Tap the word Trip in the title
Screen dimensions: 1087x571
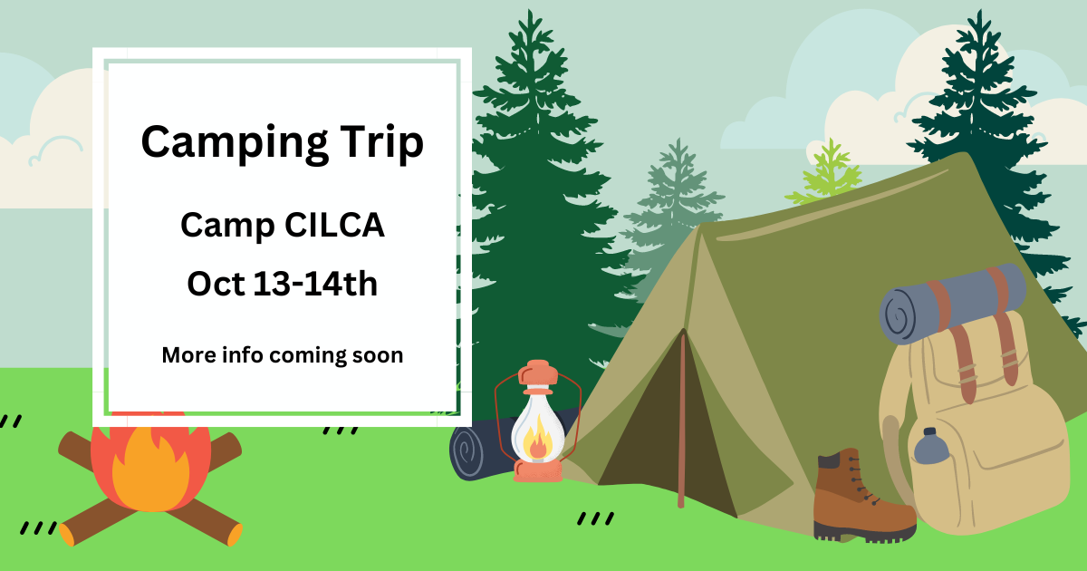tap(381, 143)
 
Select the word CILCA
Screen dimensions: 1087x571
tap(334, 225)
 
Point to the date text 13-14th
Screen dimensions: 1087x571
tap(315, 283)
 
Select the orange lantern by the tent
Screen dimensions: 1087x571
tap(538, 421)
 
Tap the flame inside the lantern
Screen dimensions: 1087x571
tap(538, 440)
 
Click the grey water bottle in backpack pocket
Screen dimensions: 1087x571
tap(931, 446)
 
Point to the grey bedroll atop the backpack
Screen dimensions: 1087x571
tap(952, 304)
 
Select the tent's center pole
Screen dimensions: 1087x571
tap(682, 420)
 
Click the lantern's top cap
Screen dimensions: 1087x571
tap(538, 373)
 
